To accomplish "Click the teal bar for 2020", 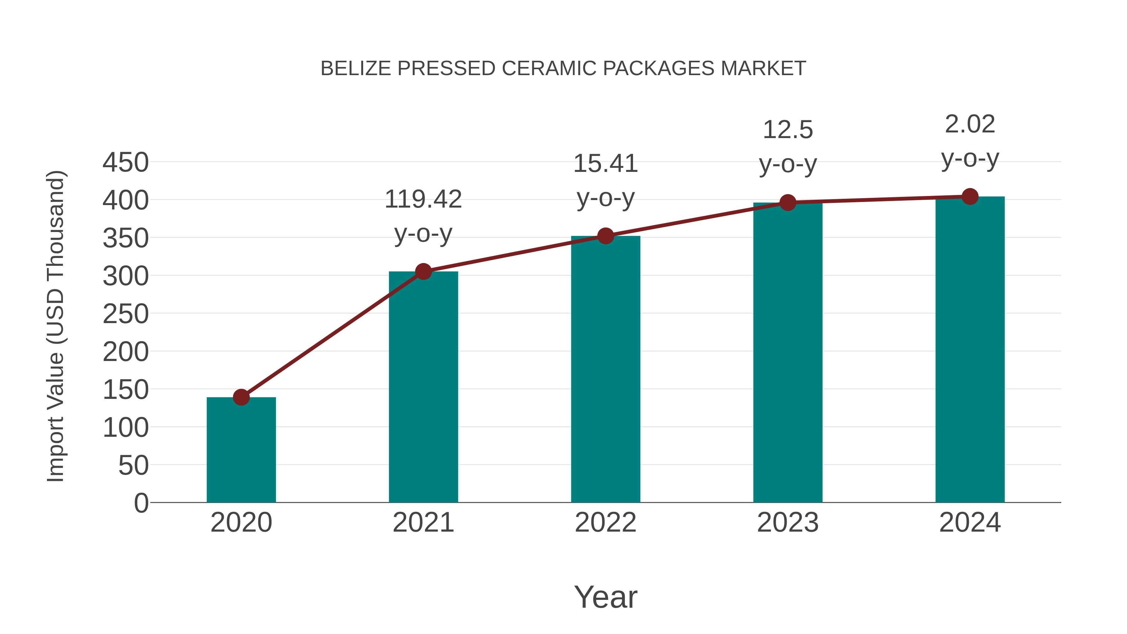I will click(241, 451).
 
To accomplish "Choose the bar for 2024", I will click(970, 350).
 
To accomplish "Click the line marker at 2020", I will click(241, 397).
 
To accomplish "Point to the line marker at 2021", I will click(423, 272).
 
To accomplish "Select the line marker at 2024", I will click(970, 196).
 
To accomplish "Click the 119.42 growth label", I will click(423, 199).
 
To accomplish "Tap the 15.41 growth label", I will click(605, 164).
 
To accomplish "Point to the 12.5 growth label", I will click(788, 130).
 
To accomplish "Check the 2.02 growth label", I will click(970, 124).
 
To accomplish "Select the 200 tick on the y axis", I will click(126, 352).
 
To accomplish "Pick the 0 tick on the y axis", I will click(141, 503).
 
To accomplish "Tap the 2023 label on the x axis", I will click(788, 523).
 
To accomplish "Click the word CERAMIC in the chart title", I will click(549, 69).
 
